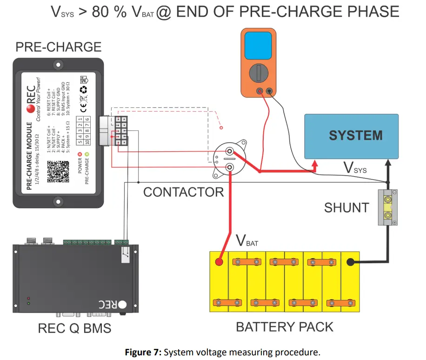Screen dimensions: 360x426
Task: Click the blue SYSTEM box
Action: pos(351,135)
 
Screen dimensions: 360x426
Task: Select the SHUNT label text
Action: pos(346,207)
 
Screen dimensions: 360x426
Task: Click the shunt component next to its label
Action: pos(387,208)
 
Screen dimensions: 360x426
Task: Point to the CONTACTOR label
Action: pos(183,192)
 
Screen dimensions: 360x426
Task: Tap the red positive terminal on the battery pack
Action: pos(219,262)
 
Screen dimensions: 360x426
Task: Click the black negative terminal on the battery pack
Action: pos(350,262)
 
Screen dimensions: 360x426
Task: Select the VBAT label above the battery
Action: pos(246,241)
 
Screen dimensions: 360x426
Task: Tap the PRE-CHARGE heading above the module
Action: pos(58,47)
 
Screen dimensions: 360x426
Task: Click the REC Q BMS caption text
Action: pos(74,328)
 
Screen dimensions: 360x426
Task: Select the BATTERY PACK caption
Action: pos(285,327)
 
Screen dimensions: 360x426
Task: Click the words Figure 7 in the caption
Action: pos(143,352)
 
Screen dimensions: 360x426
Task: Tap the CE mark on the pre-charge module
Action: pos(84,110)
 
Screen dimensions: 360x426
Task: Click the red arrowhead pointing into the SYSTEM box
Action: pos(315,165)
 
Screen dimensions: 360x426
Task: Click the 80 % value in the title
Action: pos(109,12)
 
